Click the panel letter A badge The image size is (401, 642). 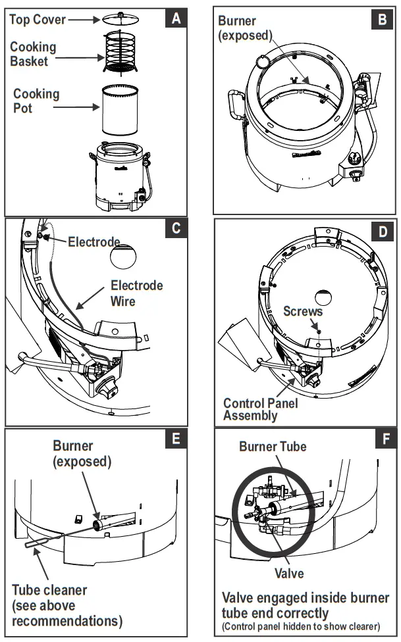point(176,18)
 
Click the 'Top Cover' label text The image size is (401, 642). point(38,20)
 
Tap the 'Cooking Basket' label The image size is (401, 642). point(33,54)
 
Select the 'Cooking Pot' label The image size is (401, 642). point(36,100)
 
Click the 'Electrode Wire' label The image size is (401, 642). point(136,293)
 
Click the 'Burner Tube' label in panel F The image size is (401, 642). point(273,447)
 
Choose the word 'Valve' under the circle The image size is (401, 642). point(289,573)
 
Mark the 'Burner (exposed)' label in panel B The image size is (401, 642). point(245,28)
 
